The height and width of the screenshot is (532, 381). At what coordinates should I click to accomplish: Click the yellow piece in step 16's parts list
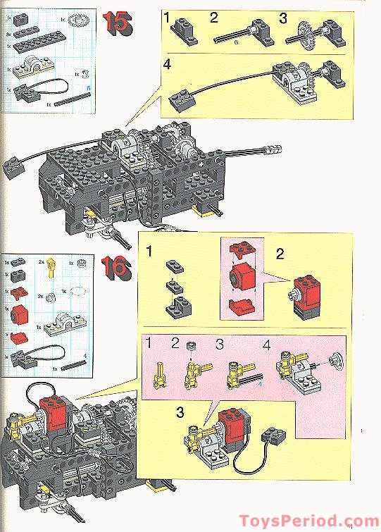[51, 270]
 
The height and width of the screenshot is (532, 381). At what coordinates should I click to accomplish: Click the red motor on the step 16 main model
[51, 411]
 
